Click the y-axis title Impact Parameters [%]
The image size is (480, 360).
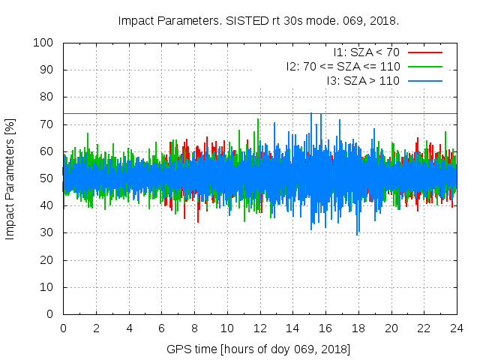[x=10, y=178]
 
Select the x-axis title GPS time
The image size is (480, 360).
[x=259, y=350]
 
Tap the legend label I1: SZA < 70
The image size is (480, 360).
[x=366, y=52]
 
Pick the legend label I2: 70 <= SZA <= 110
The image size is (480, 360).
[x=343, y=66]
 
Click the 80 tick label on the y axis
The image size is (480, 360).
[x=46, y=97]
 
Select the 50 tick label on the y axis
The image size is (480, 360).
[x=46, y=178]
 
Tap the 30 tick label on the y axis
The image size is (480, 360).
[x=46, y=232]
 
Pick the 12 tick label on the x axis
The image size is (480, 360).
[x=259, y=328]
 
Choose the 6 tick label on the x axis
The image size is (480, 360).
[x=161, y=328]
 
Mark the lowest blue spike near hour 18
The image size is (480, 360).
[x=357, y=233]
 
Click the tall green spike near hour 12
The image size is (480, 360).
[x=258, y=120]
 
